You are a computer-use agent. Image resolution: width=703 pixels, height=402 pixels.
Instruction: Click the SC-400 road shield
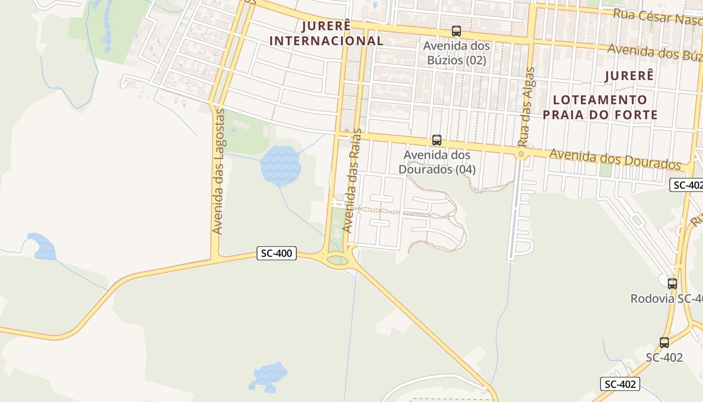(x=277, y=253)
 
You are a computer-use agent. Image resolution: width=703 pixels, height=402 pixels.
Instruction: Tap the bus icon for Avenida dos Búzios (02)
(x=456, y=31)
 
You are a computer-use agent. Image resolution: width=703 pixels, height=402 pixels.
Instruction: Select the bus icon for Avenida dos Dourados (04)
(x=437, y=140)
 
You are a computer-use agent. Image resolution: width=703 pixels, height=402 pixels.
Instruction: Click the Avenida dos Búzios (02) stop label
(x=456, y=53)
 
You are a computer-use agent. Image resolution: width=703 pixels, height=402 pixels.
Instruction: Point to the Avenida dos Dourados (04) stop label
(x=437, y=162)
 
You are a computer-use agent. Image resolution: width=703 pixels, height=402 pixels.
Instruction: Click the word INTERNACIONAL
(x=326, y=41)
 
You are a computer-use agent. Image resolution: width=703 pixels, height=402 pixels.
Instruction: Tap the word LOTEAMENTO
(x=595, y=99)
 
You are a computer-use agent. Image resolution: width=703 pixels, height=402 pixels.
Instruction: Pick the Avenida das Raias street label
(x=351, y=180)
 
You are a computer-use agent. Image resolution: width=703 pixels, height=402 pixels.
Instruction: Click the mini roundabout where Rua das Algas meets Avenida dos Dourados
(x=521, y=154)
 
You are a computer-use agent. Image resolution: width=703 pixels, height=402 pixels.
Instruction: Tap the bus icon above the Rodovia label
(x=672, y=283)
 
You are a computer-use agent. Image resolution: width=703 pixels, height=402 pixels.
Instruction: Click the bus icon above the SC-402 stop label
(x=664, y=343)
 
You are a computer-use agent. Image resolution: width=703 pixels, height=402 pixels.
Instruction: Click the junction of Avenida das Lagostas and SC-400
(x=215, y=258)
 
